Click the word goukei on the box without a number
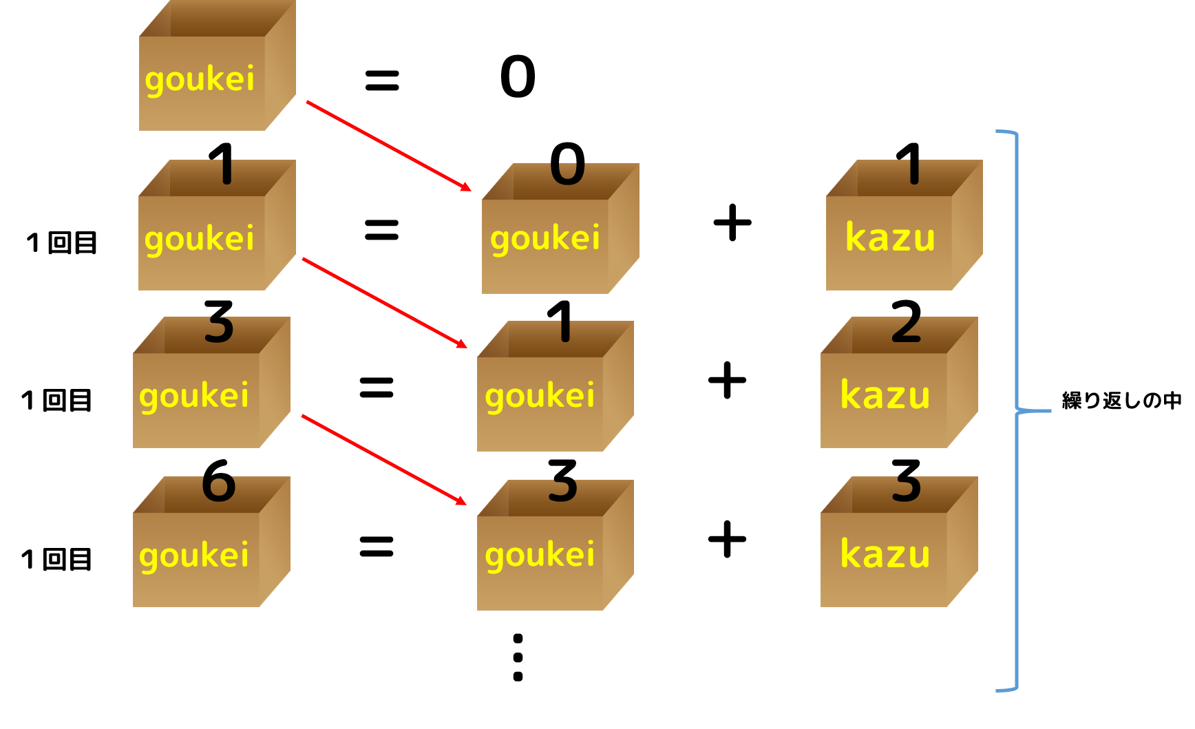[200, 79]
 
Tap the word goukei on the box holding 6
[194, 556]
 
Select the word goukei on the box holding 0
[545, 239]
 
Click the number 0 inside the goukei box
[568, 173]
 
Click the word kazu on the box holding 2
[885, 396]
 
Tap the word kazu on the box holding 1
[890, 238]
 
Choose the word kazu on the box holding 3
[885, 554]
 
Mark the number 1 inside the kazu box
[914, 171]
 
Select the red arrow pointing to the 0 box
[388, 146]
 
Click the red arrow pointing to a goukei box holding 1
[384, 303]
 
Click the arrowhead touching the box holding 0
[466, 187]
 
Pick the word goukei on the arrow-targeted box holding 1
[540, 397]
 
